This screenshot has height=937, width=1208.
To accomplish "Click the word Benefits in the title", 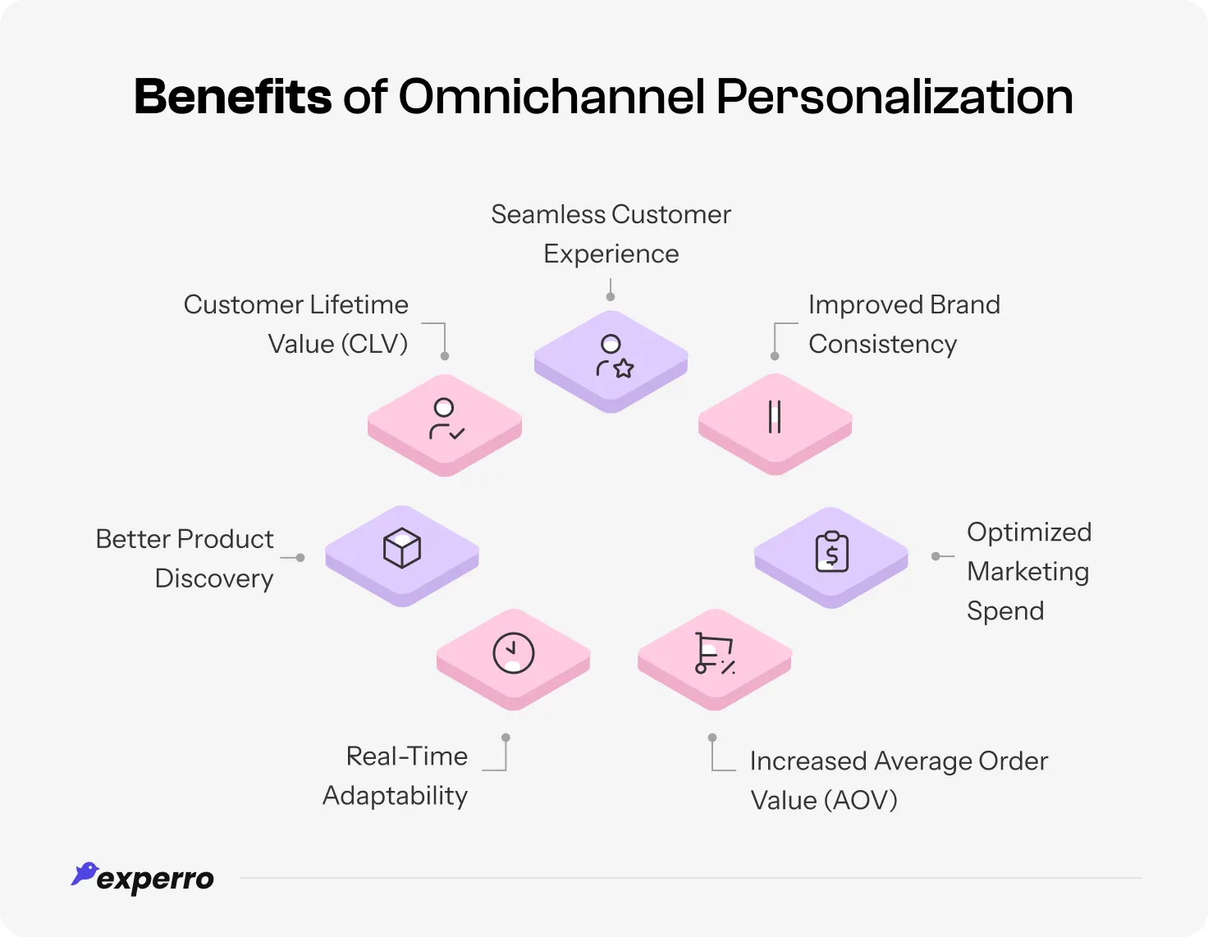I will coord(232,97).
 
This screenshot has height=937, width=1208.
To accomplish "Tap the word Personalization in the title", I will coord(895,97).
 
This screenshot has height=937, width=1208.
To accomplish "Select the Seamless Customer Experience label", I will coord(611,234).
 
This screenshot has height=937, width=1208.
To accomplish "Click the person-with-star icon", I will coord(614,357).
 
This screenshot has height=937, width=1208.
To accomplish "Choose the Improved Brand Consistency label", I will coord(904,324).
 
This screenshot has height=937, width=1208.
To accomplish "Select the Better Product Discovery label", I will coord(185,559).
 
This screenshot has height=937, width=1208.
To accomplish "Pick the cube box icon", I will coord(402,548).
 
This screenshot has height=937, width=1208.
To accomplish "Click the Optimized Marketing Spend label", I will coord(1028,571).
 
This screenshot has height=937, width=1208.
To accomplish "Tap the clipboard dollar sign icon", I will coord(831,551).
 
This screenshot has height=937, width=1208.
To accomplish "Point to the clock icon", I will coord(514,653).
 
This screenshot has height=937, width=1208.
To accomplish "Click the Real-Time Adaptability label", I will coord(396,775).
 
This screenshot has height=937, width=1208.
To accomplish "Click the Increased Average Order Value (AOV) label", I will coord(899,780).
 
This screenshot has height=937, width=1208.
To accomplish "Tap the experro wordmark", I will coord(155,880).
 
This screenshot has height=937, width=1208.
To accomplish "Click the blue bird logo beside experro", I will coord(84,874).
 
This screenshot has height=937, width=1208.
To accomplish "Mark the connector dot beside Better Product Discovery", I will coord(300,558).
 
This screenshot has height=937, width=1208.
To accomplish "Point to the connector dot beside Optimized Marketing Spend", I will coord(936,556).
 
